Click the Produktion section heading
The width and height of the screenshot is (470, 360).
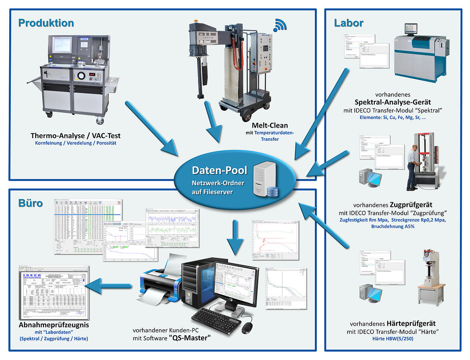[46, 23]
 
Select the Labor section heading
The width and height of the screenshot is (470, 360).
[349, 23]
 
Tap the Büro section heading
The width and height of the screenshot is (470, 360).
[31, 203]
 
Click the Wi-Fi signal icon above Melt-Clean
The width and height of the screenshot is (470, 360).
[280, 26]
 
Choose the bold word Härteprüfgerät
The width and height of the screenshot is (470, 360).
[411, 323]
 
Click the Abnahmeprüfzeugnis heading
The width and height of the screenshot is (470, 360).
[54, 325]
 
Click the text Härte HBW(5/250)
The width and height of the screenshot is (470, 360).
[393, 339]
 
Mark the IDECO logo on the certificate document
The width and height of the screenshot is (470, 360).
[35, 276]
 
